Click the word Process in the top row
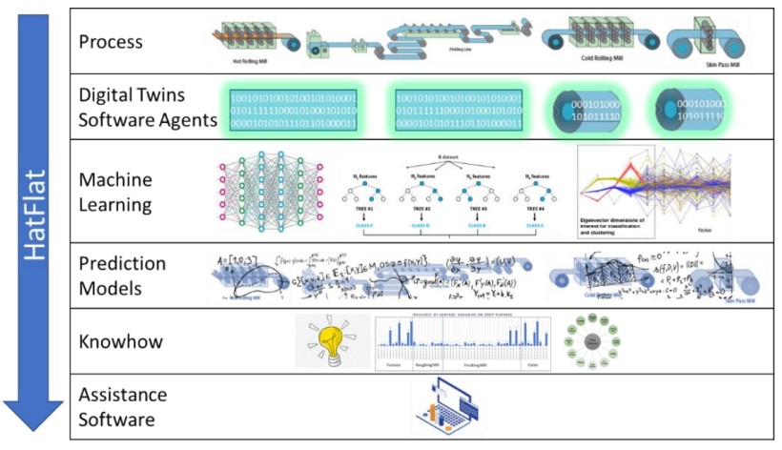coord(111,42)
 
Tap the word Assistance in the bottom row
coord(122,395)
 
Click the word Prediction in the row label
coord(122,264)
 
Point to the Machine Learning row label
coord(115,190)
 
